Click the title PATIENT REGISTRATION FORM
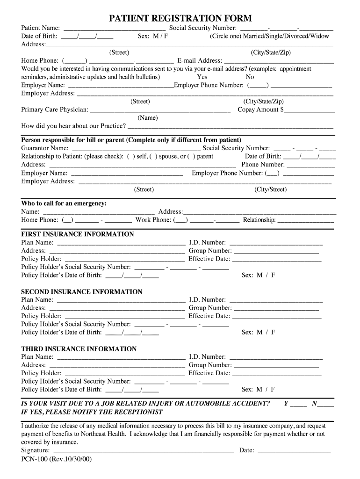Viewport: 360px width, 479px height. point(180,18)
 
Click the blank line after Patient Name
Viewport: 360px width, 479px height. point(114,29)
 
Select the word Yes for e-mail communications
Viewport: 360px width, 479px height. point(202,77)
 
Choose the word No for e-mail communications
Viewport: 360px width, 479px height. point(250,77)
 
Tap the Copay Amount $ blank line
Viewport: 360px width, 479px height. point(309,110)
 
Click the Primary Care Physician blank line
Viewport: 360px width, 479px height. point(160,110)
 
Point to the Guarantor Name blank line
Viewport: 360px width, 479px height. point(135,149)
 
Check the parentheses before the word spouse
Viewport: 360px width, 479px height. point(153,157)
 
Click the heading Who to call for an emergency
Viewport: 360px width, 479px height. point(64,203)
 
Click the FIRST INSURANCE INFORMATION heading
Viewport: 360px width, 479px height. point(78,234)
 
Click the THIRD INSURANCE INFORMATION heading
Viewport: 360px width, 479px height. point(79,349)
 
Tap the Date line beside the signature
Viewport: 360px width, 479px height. point(294,451)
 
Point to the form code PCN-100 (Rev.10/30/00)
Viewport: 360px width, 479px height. point(57,459)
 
